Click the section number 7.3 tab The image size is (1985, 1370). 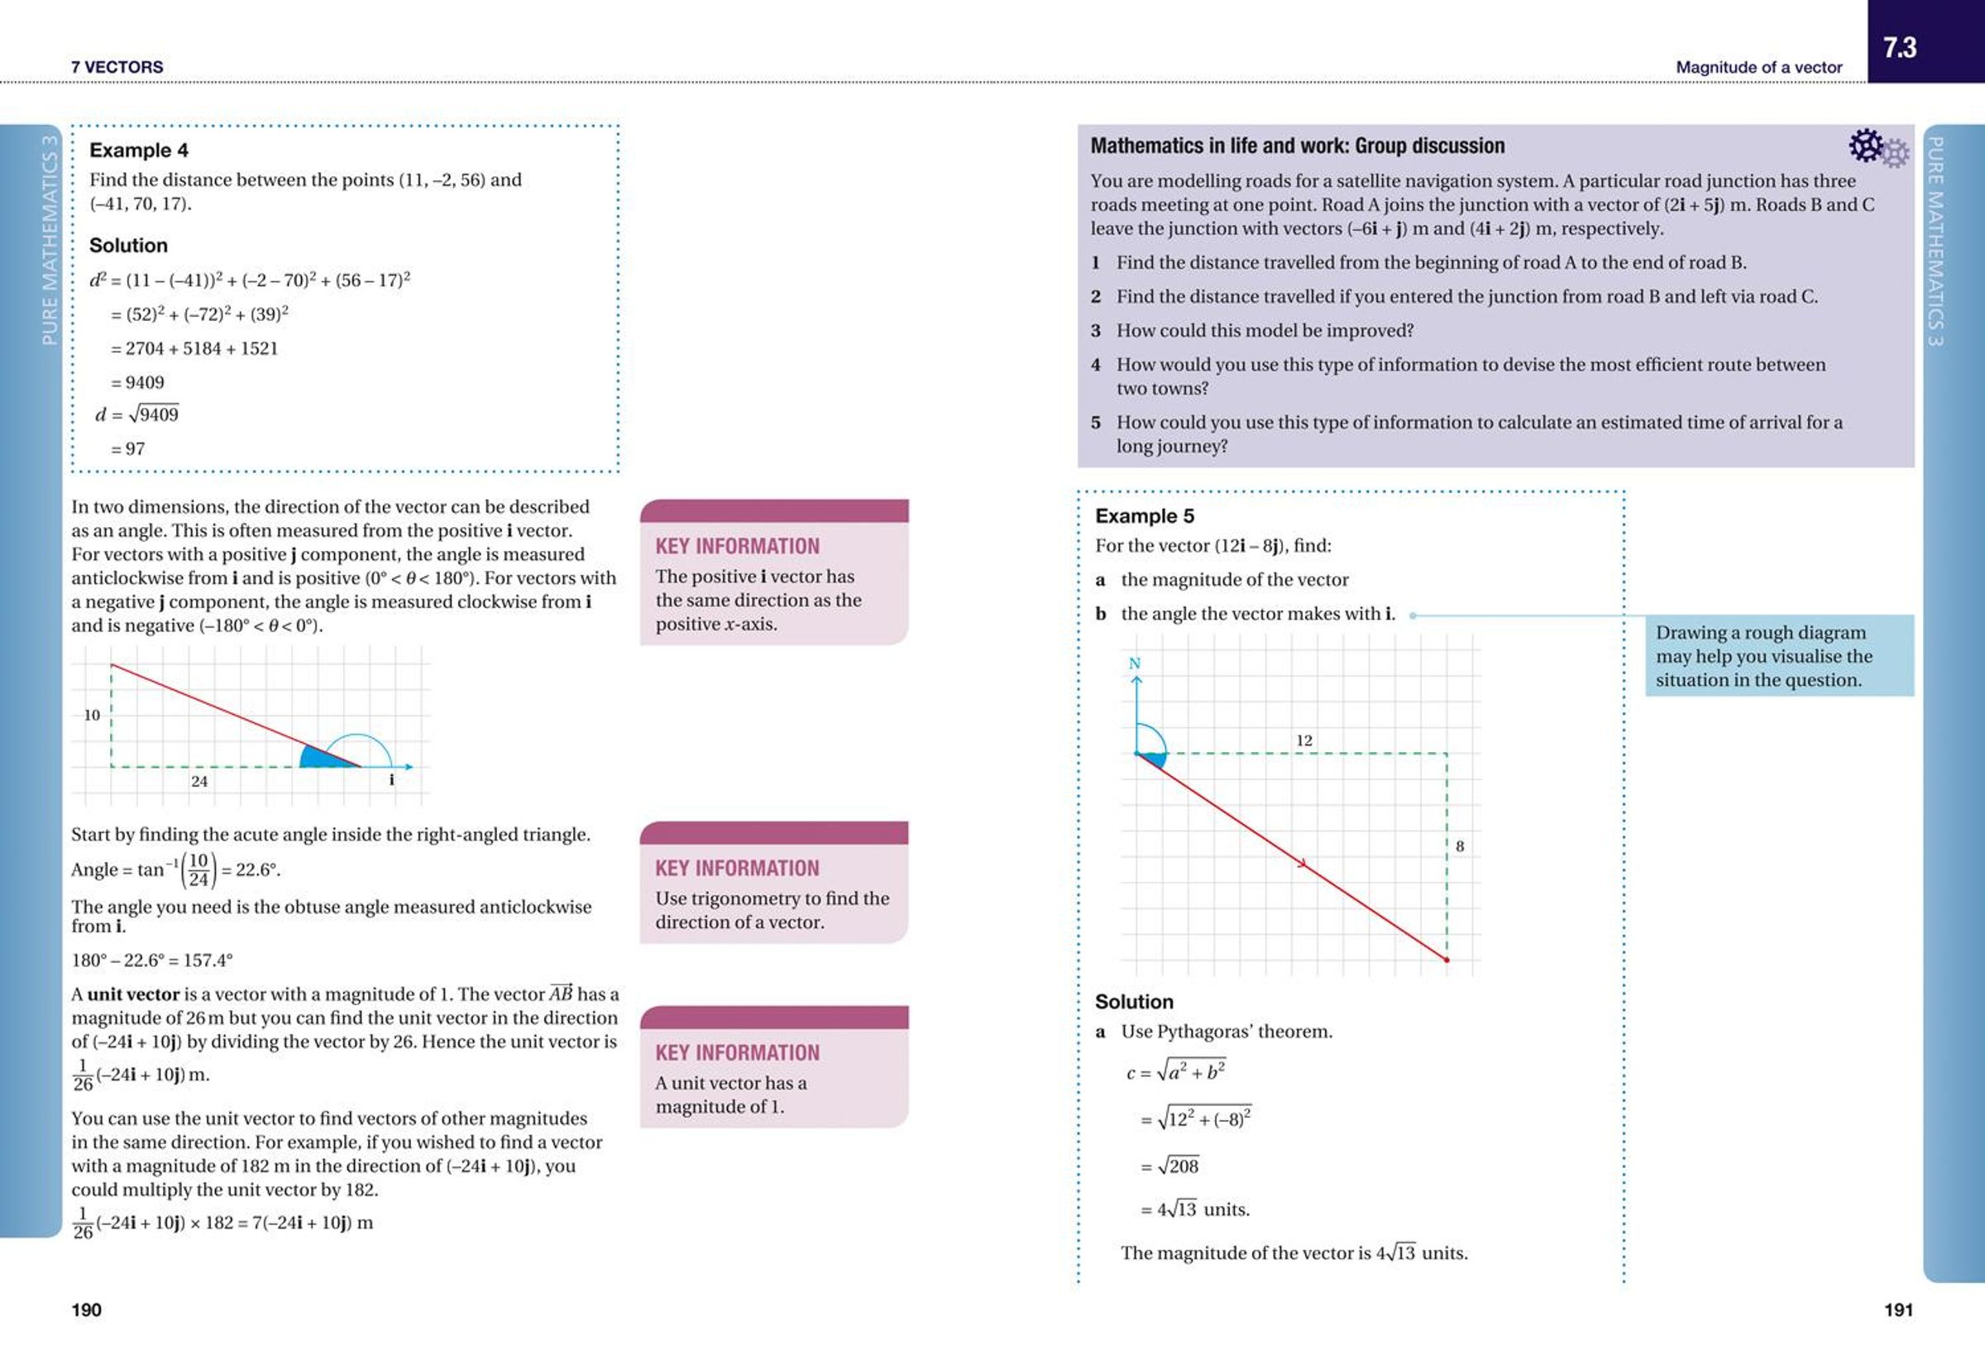[x=1900, y=47]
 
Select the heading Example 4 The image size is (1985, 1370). [x=139, y=151]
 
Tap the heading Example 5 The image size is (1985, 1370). [x=1144, y=516]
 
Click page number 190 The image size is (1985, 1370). [x=86, y=1309]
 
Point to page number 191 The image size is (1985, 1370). [x=1898, y=1309]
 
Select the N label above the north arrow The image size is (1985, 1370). [x=1135, y=663]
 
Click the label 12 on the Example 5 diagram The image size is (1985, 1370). [x=1303, y=740]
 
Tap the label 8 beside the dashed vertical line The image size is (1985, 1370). [x=1460, y=846]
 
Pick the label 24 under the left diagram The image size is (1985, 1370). [x=199, y=781]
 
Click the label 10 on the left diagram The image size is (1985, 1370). [x=92, y=715]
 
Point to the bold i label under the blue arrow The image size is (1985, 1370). [x=391, y=780]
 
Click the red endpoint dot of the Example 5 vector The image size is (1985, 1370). [x=1447, y=960]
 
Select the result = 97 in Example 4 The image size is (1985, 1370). [x=129, y=449]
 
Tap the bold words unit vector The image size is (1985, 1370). [x=133, y=994]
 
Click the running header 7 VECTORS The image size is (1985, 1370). [x=117, y=67]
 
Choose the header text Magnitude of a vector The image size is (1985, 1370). [x=1758, y=67]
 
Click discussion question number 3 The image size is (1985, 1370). [x=1096, y=330]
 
